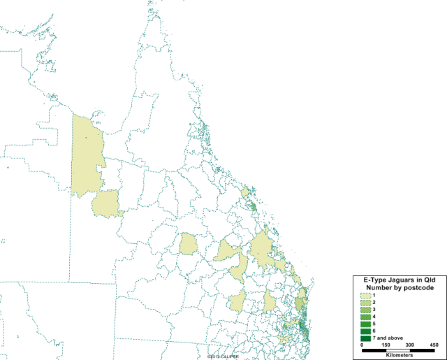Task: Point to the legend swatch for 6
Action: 366,331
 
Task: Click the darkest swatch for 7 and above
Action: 366,338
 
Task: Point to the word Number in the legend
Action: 379,287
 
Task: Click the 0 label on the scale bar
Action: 362,345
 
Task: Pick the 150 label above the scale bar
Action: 386,345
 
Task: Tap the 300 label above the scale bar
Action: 410,345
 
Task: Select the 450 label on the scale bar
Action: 434,345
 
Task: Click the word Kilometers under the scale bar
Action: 397,357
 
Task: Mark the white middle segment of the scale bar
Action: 397,351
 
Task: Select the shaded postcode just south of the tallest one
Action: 105,203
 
